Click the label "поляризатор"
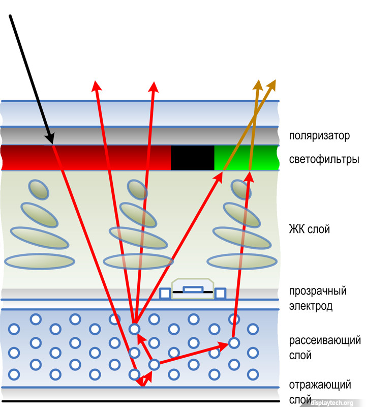(320, 136)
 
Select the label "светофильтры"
(324, 159)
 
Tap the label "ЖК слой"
(310, 229)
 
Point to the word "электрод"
(311, 306)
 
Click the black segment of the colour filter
(192, 158)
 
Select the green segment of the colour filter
(247, 158)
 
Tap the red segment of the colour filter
(86, 158)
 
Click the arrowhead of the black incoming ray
(50, 138)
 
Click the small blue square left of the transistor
(165, 293)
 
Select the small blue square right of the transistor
(220, 293)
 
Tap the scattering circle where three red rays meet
(134, 329)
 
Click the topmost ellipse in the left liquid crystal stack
(37, 189)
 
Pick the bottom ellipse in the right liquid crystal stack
(242, 261)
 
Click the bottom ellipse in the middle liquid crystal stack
(137, 261)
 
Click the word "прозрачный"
(318, 291)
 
